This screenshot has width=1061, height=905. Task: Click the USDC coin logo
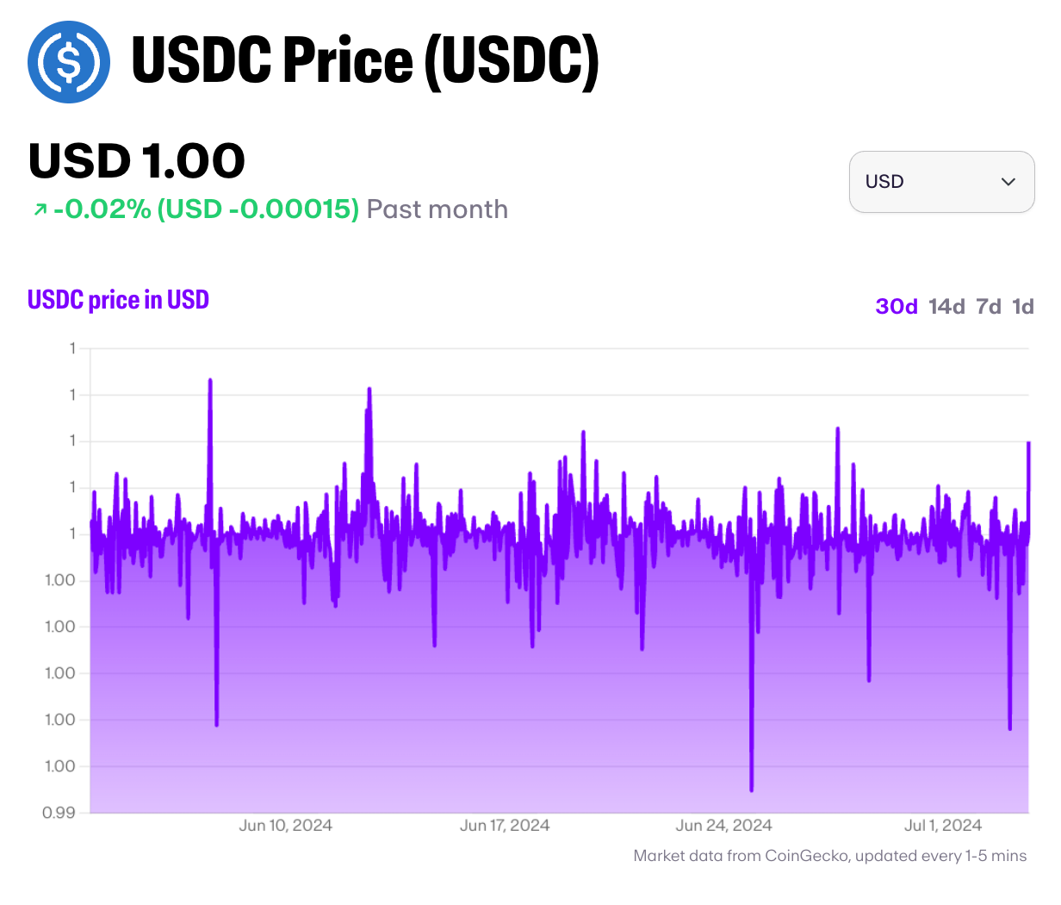69,62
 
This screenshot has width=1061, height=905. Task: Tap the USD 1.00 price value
137,161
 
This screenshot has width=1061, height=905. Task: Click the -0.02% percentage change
102,209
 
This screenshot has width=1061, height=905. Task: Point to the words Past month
437,209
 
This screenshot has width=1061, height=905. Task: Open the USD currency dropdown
941,182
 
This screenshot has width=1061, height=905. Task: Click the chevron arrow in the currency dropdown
1008,182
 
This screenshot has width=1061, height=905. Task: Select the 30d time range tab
897,307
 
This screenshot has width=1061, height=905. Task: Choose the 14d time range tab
946,307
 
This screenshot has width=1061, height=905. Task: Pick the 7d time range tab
989,307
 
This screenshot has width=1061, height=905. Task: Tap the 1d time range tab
1023,307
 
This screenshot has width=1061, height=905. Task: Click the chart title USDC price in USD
119,300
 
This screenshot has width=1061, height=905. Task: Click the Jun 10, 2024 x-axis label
285,826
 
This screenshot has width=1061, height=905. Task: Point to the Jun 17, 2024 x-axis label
505,826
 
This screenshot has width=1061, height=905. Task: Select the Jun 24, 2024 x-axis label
723,826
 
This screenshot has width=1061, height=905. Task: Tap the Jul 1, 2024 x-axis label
943,826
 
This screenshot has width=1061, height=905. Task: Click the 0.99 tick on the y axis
59,813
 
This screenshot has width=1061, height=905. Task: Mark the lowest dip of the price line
752,790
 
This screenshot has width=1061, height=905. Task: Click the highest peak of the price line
210,380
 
